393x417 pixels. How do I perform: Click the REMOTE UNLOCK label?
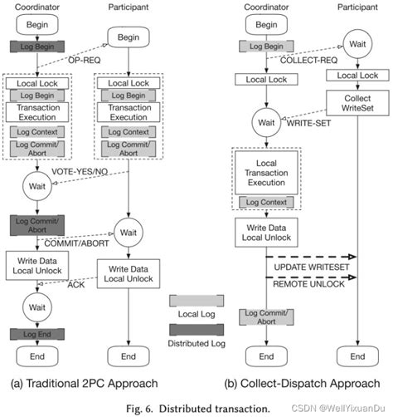click(x=301, y=284)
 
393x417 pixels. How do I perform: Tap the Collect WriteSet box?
click(x=357, y=102)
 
